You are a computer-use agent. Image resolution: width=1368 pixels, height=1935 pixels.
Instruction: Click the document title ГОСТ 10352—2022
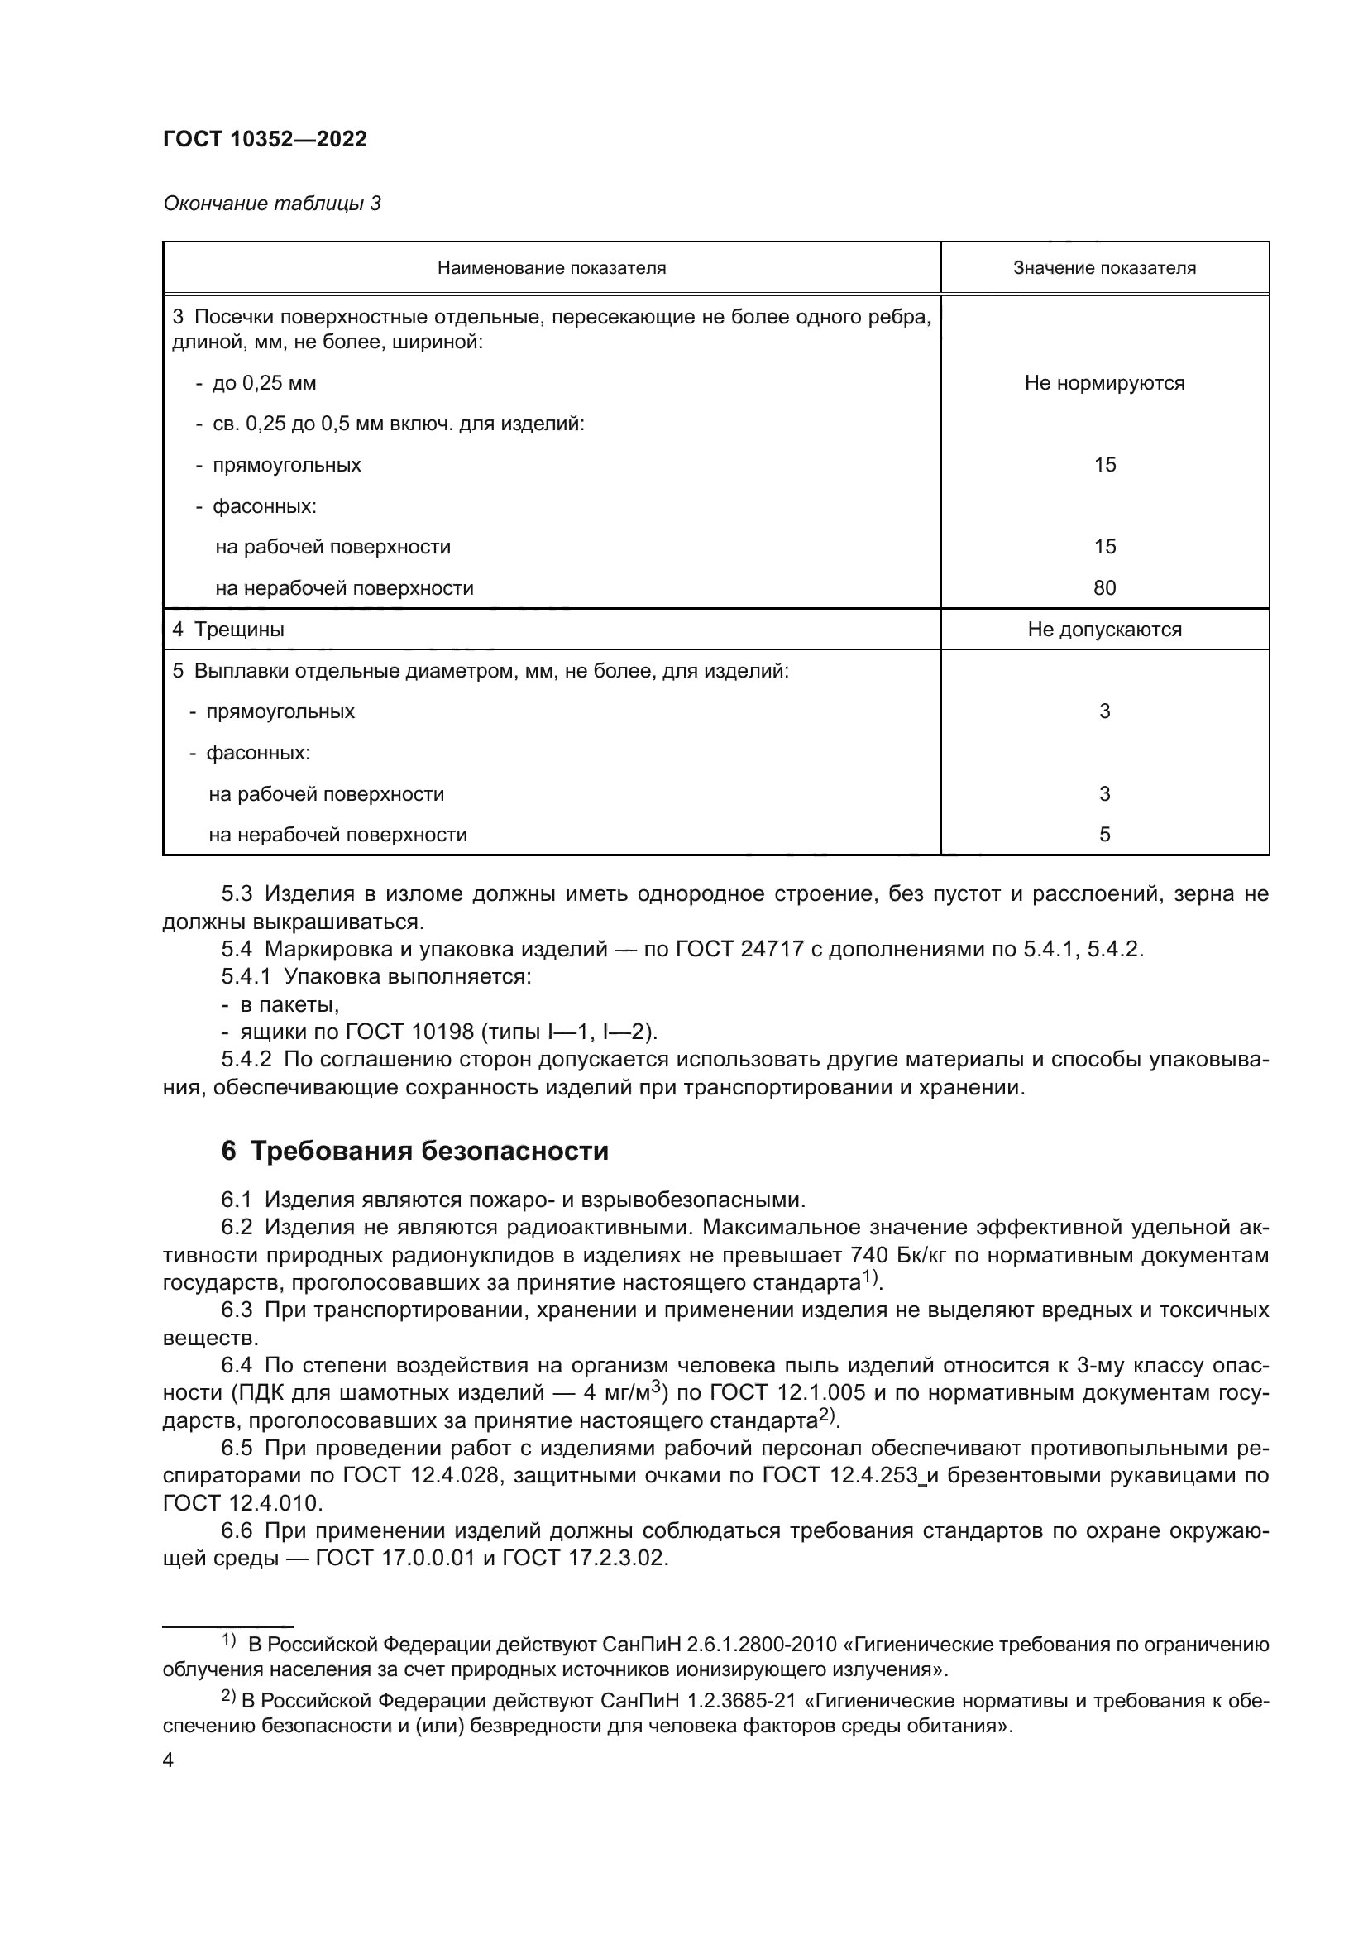pos(265,140)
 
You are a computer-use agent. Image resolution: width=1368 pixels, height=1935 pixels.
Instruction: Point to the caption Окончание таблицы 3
pos(271,204)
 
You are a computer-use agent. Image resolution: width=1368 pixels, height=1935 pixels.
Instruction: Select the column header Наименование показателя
pos(551,268)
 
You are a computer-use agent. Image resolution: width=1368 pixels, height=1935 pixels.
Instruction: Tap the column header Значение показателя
pos(1103,268)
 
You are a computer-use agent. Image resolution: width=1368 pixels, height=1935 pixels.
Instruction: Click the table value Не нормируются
pos(1103,384)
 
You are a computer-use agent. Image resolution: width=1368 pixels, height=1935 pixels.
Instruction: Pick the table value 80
pos(1103,588)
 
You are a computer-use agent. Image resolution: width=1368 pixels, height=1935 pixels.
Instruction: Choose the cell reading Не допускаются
pos(1103,630)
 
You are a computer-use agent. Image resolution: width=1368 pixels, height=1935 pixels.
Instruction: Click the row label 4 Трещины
pos(228,630)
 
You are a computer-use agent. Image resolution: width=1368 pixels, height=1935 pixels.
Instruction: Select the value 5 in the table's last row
pos(1104,835)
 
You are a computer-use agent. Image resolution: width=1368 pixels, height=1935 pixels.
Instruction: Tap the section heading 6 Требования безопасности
pos(414,1151)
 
